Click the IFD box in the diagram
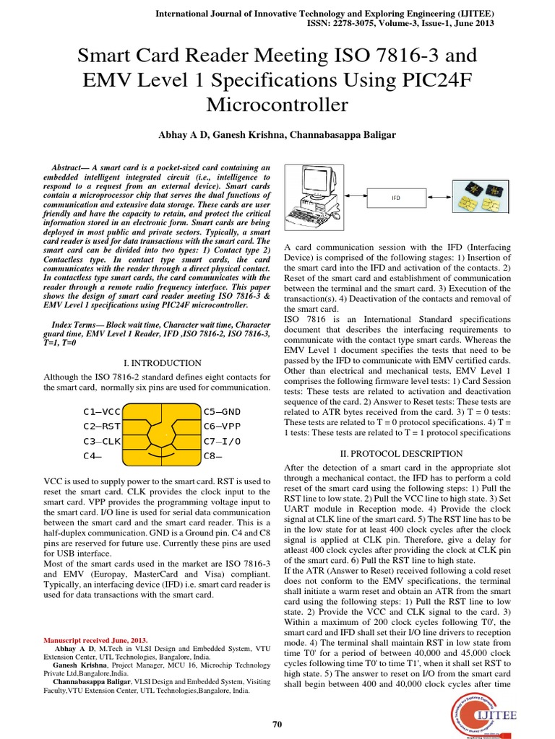click(x=395, y=196)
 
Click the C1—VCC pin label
click(x=102, y=412)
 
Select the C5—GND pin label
click(x=222, y=412)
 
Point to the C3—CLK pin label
click(x=102, y=441)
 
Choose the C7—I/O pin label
click(x=222, y=441)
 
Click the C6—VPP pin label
click(x=222, y=427)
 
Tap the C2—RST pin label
click(x=102, y=427)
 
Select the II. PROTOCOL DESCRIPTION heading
click(x=401, y=454)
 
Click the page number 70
click(x=277, y=725)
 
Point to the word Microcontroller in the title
click(x=277, y=105)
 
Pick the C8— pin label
click(x=212, y=456)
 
